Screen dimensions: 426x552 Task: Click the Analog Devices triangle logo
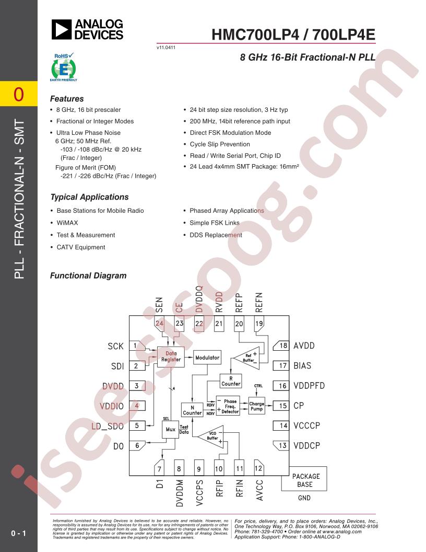62,29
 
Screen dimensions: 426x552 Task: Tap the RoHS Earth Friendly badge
63,67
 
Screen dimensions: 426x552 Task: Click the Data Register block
171,356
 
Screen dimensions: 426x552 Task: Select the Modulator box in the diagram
207,358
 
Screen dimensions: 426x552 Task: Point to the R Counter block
231,381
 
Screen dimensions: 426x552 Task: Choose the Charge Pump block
256,406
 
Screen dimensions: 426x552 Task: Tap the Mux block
170,430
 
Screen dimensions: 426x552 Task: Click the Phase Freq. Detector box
228,406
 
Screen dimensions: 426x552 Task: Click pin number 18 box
281,346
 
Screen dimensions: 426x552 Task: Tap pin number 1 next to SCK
137,346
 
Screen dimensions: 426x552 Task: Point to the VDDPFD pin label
309,385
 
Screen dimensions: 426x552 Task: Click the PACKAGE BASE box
304,479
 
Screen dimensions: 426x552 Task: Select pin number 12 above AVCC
258,468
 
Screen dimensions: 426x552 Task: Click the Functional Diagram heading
88,275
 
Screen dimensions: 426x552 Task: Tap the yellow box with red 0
19,94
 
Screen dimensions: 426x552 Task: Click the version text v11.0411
166,47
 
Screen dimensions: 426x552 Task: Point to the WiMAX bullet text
67,223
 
